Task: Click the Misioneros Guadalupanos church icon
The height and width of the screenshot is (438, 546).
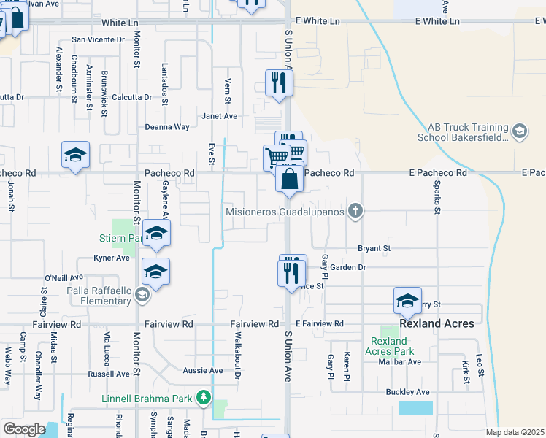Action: point(355,212)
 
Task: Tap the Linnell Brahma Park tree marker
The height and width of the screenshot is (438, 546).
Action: point(205,398)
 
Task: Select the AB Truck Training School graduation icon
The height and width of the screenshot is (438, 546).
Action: point(520,131)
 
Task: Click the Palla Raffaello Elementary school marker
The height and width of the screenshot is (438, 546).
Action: point(142,296)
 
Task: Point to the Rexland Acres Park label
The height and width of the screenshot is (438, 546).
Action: point(388,346)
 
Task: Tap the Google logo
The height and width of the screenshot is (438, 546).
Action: point(24,429)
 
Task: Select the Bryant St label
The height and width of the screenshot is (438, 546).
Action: point(374,249)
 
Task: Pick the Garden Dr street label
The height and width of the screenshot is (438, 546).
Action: point(347,268)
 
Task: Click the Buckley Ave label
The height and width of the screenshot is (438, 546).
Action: point(408,392)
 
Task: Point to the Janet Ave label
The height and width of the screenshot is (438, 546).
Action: point(220,116)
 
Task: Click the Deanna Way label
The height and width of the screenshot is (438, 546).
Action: point(167,127)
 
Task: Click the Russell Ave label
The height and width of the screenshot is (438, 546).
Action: point(109,374)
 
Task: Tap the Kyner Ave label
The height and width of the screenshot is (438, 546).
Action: point(112,258)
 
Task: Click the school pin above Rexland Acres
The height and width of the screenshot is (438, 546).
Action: point(407,300)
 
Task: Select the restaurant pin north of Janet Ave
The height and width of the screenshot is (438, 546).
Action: point(278,83)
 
